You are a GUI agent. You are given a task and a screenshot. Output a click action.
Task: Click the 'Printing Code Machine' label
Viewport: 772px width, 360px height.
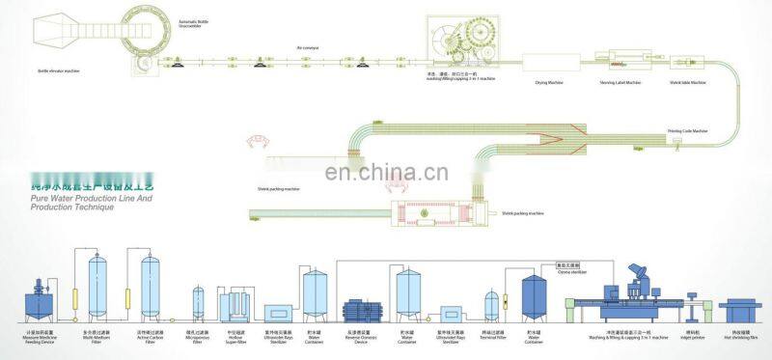[x=687, y=129]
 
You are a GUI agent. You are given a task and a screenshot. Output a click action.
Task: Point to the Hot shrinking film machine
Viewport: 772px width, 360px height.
[x=738, y=310]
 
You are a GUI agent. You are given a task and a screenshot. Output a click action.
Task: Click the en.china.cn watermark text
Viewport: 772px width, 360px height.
[x=386, y=174]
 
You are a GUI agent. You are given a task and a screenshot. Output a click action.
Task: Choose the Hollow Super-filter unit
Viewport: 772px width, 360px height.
[x=234, y=307]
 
